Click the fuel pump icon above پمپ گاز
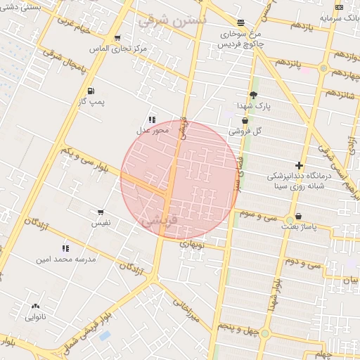pos(91,91)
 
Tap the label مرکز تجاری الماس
pos(118,49)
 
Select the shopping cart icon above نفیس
pos(101,212)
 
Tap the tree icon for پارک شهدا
pos(253,94)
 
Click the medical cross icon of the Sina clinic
pos(299,165)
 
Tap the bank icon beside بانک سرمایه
pos(340,7)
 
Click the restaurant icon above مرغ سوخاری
pos(240,22)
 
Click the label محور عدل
pos(152,130)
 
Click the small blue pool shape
pos(105,335)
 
